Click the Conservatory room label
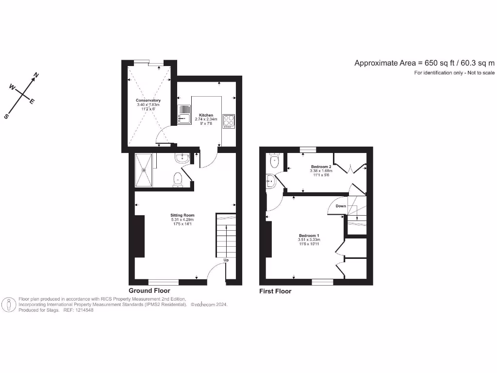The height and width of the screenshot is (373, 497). pyautogui.click(x=148, y=101)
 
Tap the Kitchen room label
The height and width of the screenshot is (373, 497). pyautogui.click(x=206, y=115)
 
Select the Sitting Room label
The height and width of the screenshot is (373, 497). pyautogui.click(x=182, y=215)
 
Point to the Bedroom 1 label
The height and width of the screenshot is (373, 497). pyautogui.click(x=308, y=236)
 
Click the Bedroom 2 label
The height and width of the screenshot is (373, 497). pyautogui.click(x=321, y=167)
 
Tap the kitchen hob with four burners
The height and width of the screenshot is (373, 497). pyautogui.click(x=229, y=120)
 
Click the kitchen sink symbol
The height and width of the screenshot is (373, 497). pyautogui.click(x=184, y=114)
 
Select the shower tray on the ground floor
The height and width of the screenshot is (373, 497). pyautogui.click(x=144, y=170)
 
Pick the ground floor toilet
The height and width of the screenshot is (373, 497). pyautogui.click(x=177, y=179)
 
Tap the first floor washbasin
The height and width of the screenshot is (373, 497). pyautogui.click(x=270, y=182)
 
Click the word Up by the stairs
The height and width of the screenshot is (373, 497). pyautogui.click(x=226, y=260)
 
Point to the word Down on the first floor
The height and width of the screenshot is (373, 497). pyautogui.click(x=341, y=206)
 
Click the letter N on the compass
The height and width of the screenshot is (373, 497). pyautogui.click(x=35, y=76)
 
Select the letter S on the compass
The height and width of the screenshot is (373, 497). pyautogui.click(x=7, y=116)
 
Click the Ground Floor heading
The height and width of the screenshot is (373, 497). pyautogui.click(x=149, y=290)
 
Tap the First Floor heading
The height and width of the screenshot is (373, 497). pyautogui.click(x=275, y=291)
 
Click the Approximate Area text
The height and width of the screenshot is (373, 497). pyautogui.click(x=424, y=63)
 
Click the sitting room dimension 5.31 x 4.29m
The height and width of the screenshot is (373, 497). pyautogui.click(x=182, y=220)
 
